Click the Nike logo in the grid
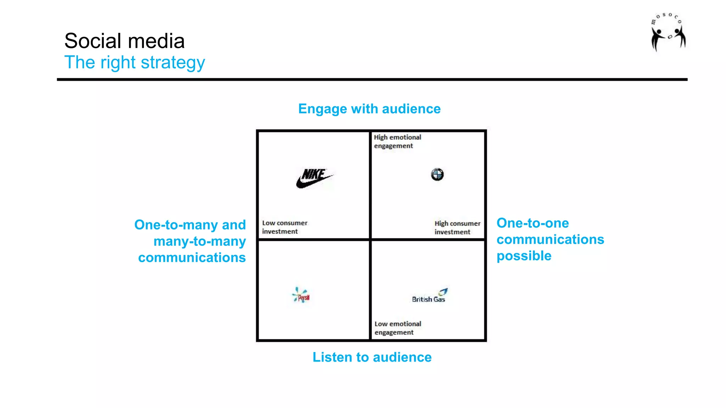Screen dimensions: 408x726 point(314,178)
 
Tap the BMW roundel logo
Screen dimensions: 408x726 point(437,174)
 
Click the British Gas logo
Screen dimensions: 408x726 point(430,296)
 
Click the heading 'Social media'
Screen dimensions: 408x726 point(124,41)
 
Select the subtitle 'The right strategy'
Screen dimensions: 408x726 point(135,63)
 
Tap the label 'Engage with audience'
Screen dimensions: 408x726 point(369,109)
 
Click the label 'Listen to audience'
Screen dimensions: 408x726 point(372,357)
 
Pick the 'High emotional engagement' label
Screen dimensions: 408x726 point(397,141)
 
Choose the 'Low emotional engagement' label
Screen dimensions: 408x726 point(398,328)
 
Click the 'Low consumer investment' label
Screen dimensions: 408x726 point(285,227)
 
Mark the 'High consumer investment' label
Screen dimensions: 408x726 point(457,228)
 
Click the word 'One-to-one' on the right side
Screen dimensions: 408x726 point(532,223)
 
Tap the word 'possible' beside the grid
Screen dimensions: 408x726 point(524,256)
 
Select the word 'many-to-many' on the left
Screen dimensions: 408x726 point(200,242)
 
